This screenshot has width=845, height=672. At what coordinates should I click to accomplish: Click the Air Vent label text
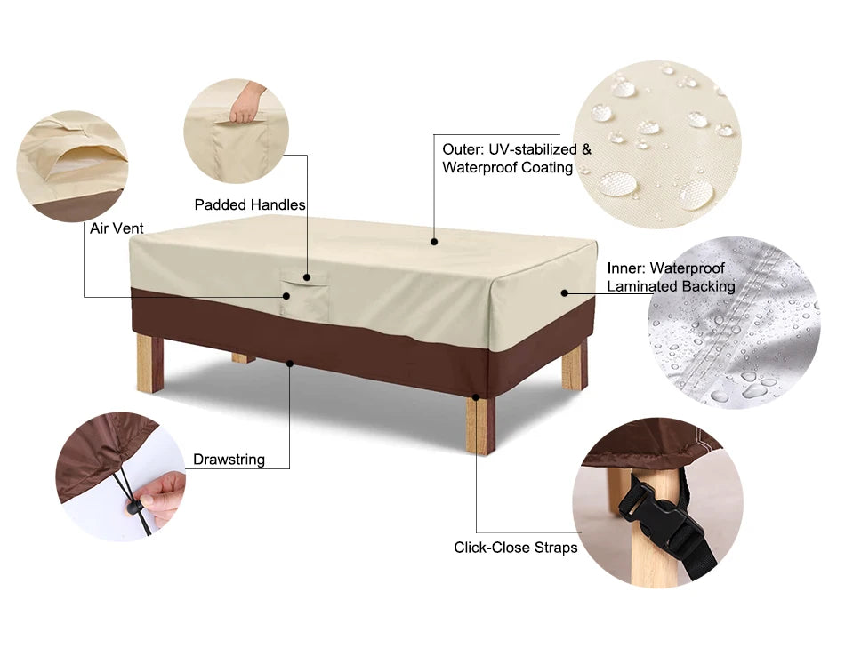pos(117,228)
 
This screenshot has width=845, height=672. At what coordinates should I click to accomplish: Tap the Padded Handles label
pos(250,205)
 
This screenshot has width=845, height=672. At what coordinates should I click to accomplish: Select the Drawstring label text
pos(229,460)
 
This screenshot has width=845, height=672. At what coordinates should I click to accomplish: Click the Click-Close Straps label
pos(515,548)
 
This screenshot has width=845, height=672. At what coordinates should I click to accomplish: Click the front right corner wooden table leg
pos(479,425)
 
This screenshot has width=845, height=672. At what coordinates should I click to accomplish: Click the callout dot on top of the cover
pos(434,241)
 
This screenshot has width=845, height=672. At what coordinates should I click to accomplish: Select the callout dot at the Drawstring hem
pos(290,362)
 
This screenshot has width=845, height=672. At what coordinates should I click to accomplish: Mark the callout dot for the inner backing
pos(565,292)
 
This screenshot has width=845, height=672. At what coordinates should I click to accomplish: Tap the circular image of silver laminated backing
pos(734,323)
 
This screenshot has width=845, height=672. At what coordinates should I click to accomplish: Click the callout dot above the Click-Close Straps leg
pos(477,397)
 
